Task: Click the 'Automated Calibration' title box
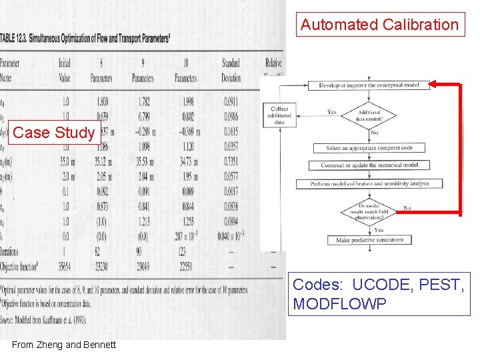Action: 379,25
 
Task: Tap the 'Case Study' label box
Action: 53,133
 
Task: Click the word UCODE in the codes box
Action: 380,285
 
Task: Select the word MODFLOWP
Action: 339,304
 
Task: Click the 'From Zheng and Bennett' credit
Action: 64,345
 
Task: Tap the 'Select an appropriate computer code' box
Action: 369,148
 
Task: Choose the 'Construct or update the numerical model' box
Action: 369,165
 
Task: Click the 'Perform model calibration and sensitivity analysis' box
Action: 369,183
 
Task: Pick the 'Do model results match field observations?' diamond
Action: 369,212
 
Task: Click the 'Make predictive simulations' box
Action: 369,240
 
